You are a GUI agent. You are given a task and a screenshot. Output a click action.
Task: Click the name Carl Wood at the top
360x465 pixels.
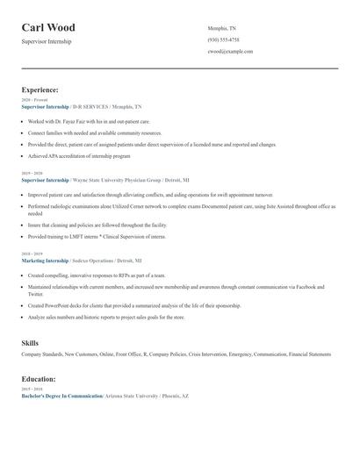[48, 28]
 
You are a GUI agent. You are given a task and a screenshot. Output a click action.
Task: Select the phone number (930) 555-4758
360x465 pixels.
[223, 39]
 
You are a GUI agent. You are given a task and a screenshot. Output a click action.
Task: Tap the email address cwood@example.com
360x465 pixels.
[230, 52]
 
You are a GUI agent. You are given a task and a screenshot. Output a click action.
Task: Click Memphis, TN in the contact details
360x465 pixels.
[221, 28]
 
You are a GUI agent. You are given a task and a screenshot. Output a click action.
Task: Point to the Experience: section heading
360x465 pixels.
[40, 89]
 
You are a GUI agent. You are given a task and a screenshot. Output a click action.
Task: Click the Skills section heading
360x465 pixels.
[30, 343]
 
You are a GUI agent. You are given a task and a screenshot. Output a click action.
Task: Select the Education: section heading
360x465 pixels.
[39, 379]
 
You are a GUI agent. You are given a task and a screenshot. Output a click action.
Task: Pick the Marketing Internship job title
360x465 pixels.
[44, 261]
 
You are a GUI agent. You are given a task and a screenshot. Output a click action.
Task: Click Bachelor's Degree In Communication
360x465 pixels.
[61, 397]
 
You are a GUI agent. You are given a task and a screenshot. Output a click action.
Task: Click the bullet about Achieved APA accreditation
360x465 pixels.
[79, 155]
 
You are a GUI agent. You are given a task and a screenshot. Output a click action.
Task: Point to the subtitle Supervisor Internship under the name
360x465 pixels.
[47, 41]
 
